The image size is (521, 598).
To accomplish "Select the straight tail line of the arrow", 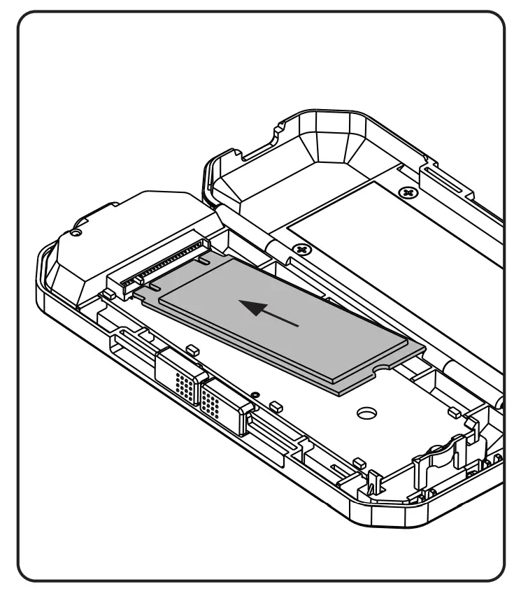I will coord(283,319).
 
